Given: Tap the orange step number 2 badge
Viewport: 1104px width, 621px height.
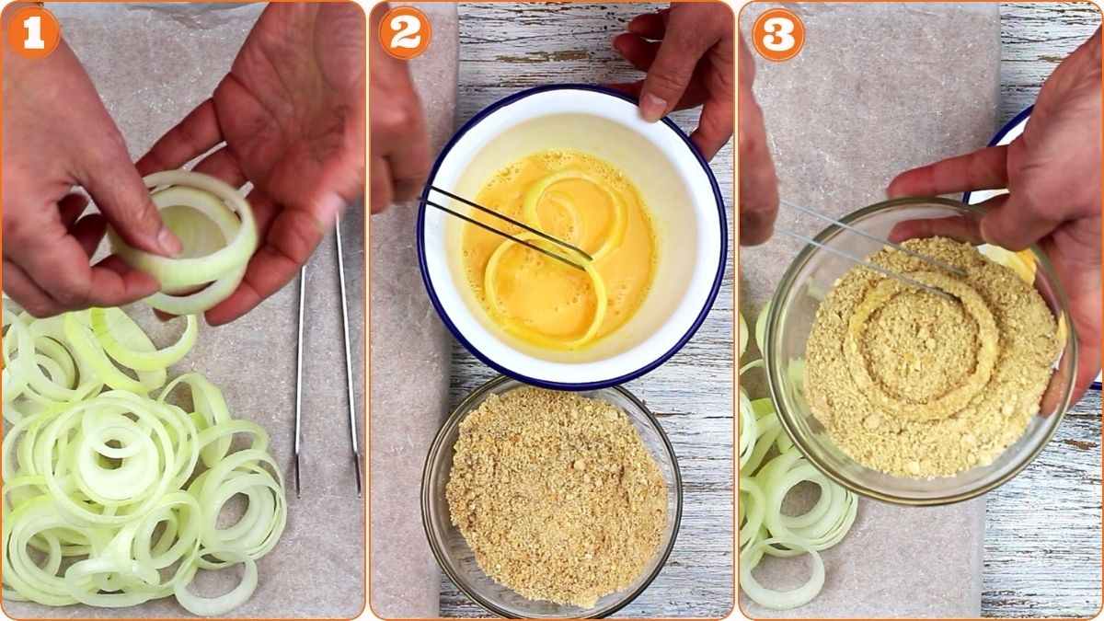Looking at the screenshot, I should pyautogui.click(x=405, y=33).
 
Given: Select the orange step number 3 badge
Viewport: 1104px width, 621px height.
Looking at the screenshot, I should pyautogui.click(x=778, y=34).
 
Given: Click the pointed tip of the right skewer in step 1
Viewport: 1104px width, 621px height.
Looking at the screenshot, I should pyautogui.click(x=358, y=488).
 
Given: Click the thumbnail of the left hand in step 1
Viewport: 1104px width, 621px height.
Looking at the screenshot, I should pyautogui.click(x=167, y=242).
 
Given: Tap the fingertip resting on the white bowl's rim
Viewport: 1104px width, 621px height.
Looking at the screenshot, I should pyautogui.click(x=652, y=106).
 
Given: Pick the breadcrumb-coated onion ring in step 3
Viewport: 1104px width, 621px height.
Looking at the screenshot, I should pyautogui.click(x=920, y=350).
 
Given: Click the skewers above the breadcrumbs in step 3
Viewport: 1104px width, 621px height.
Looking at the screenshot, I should pyautogui.click(x=874, y=248).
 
